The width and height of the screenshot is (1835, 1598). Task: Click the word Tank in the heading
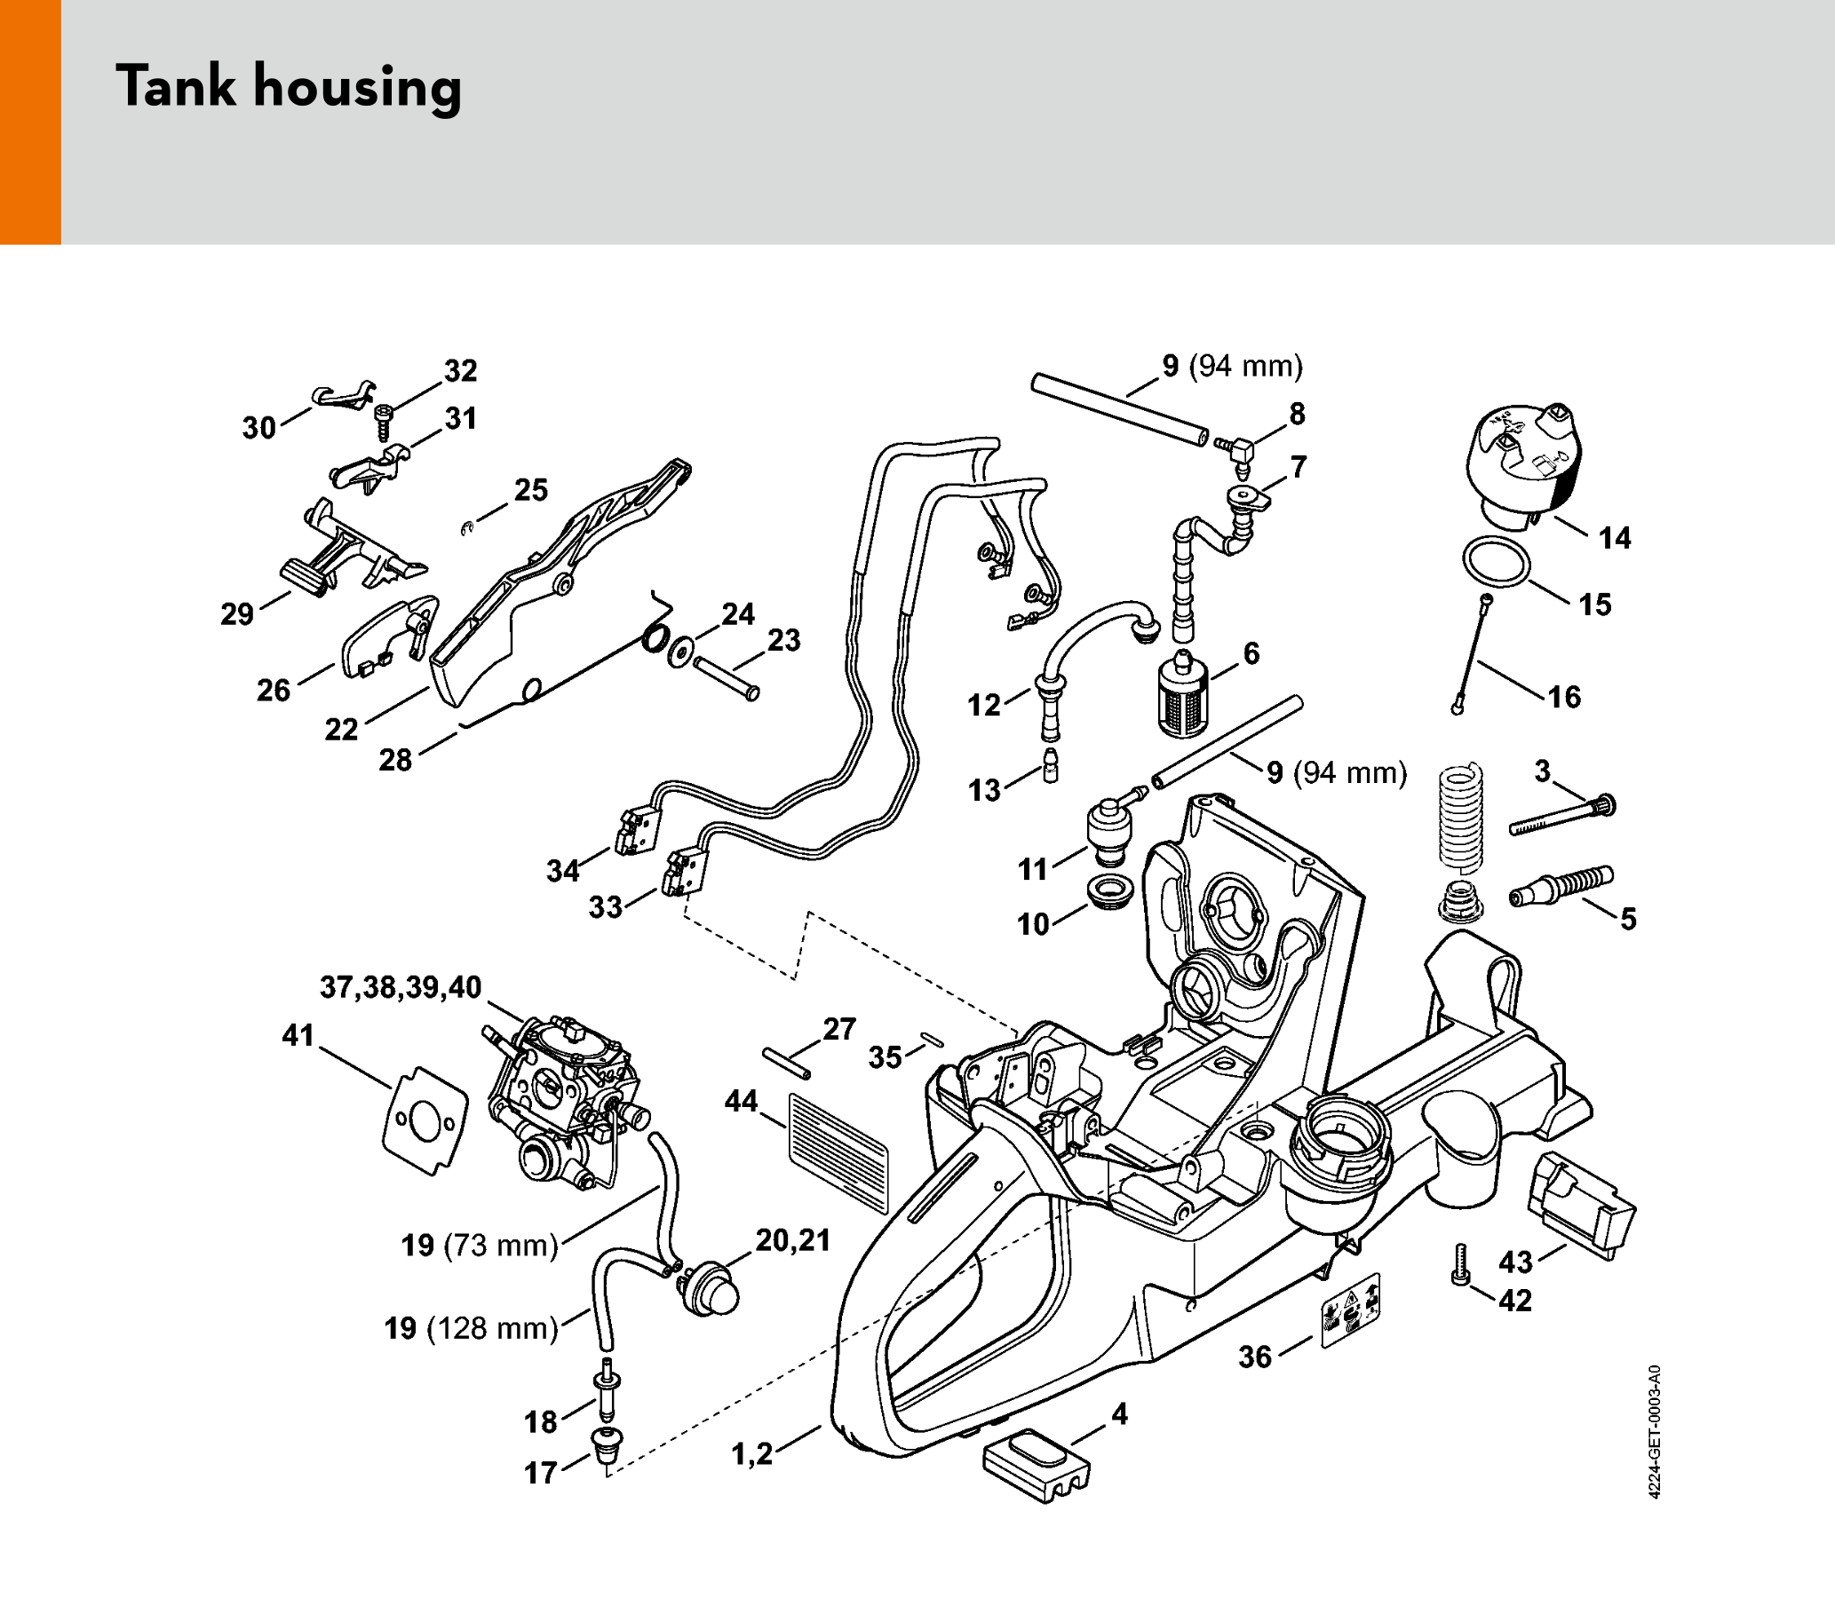pyautogui.click(x=176, y=86)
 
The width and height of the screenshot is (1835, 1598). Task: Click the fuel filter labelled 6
pyautogui.click(x=1183, y=696)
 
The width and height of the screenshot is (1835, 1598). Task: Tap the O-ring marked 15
pyautogui.click(x=1496, y=563)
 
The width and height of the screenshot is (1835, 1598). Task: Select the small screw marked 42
pyautogui.click(x=1460, y=1264)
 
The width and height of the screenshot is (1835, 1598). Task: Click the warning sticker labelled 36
pyautogui.click(x=1349, y=1310)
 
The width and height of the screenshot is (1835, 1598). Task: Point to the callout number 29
pyautogui.click(x=237, y=614)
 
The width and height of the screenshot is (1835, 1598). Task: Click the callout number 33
pyautogui.click(x=605, y=908)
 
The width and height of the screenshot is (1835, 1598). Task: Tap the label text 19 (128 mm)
pyautogui.click(x=471, y=1329)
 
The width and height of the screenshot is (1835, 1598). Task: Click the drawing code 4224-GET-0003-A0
pyautogui.click(x=1653, y=1431)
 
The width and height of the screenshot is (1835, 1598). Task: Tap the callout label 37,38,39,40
pyautogui.click(x=401, y=987)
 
